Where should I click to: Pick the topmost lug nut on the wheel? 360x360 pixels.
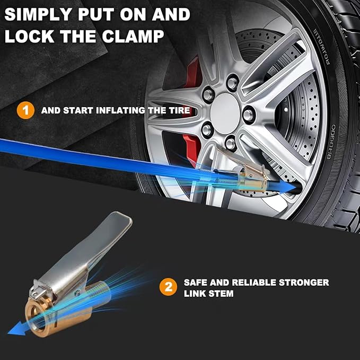pyautogui.click(x=231, y=82)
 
